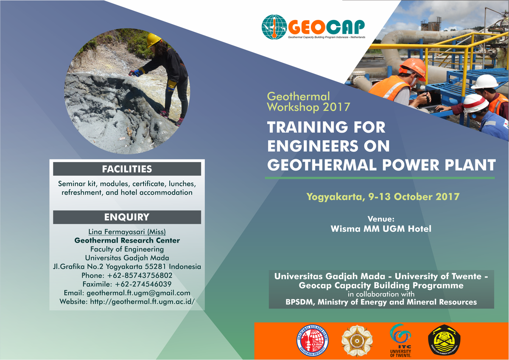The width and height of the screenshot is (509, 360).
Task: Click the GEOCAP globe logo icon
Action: (274, 27)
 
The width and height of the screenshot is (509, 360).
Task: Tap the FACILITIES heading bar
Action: (127, 169)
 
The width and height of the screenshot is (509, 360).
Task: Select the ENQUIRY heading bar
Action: (127, 218)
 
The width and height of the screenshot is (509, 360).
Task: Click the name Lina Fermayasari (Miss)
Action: (127, 232)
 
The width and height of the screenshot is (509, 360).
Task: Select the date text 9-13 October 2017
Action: (427, 197)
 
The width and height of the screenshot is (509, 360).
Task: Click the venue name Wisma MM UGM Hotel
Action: (380, 229)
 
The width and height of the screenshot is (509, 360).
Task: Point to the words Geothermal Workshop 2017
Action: (308, 102)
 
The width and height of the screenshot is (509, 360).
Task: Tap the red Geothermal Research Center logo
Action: (313, 341)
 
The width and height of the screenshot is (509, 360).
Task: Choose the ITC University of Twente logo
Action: (400, 340)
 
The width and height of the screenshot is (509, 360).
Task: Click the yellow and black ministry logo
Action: (444, 341)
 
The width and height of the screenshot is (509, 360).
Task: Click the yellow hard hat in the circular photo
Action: (154, 40)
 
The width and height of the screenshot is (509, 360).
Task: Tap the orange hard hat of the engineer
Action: (413, 67)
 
